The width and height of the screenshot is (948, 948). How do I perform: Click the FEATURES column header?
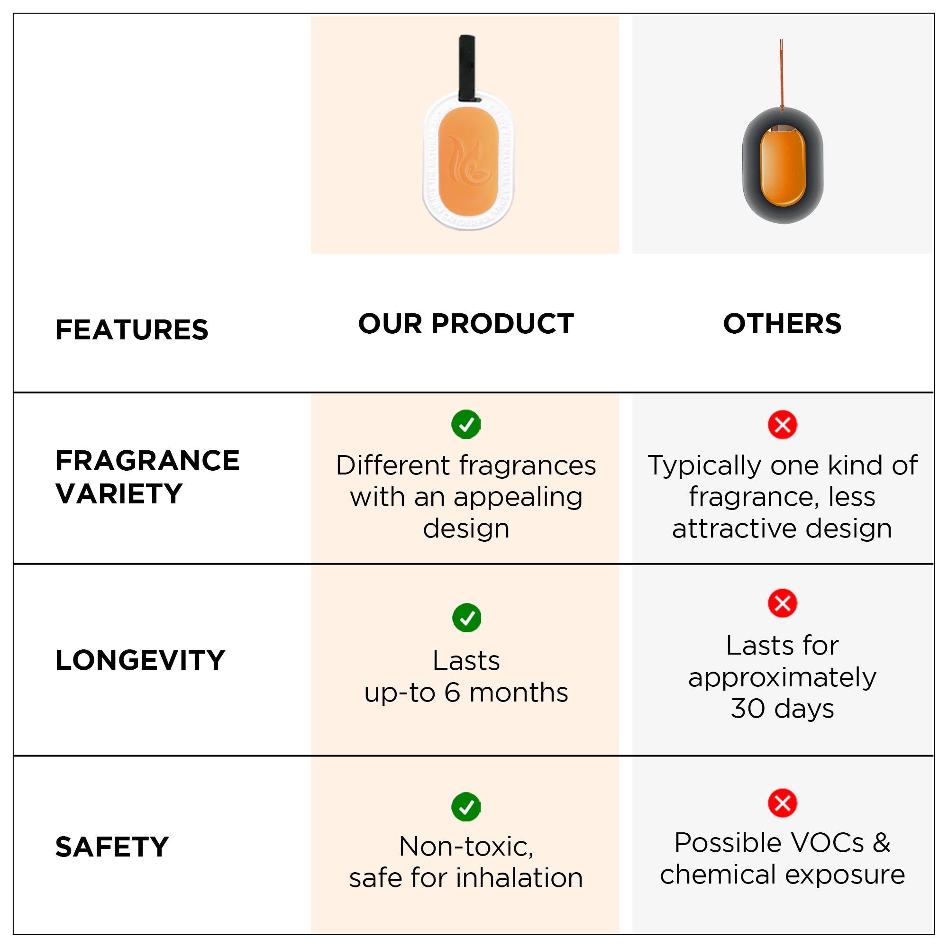[131, 330]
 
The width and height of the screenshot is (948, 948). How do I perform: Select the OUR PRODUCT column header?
[465, 324]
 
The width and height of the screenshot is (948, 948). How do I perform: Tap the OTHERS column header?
[782, 324]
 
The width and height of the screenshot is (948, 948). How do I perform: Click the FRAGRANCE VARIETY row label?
[147, 477]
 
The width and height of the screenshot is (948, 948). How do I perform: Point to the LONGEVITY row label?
[140, 660]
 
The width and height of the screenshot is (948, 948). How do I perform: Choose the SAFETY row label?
[112, 847]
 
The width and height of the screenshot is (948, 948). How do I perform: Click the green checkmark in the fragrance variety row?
[465, 424]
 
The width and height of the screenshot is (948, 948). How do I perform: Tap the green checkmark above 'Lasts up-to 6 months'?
[466, 618]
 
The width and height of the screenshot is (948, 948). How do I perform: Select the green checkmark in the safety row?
[465, 807]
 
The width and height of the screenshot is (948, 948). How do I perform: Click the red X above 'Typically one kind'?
[782, 424]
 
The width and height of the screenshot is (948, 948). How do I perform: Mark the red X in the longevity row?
[782, 603]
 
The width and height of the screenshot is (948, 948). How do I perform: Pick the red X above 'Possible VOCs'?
[782, 803]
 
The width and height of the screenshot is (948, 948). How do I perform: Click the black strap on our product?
[466, 68]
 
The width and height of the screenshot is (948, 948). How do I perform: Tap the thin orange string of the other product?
[781, 73]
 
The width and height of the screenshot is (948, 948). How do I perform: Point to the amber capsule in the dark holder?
[783, 165]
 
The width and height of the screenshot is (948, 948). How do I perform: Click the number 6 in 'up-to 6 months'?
[452, 693]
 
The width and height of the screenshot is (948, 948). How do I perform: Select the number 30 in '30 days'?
[748, 709]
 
